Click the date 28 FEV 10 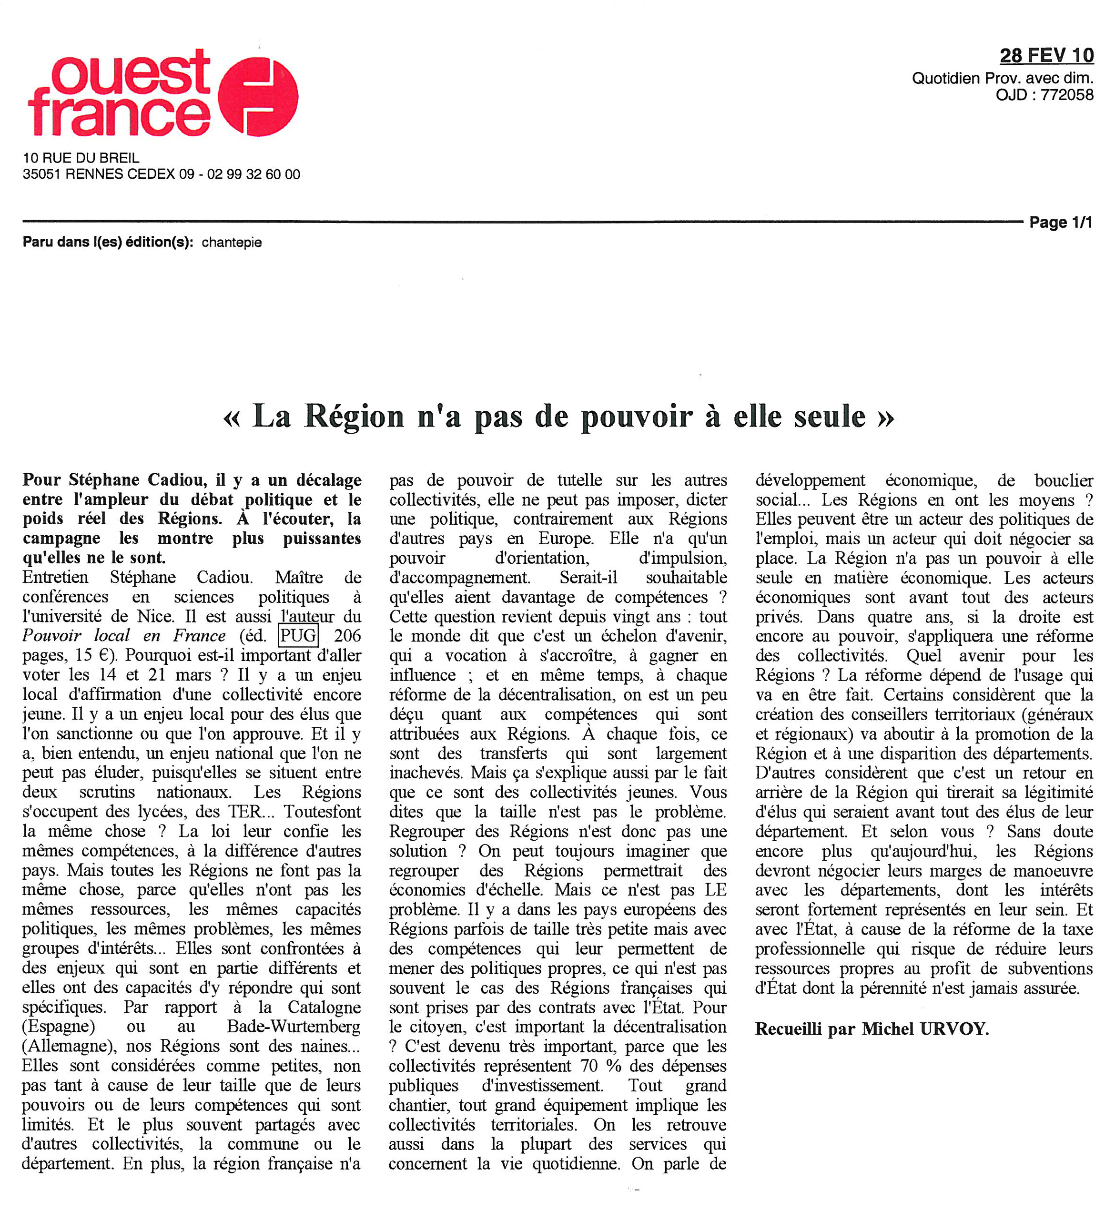coord(1046,56)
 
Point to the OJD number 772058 coord(1067,95)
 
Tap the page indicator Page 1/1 coord(1060,223)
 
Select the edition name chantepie coord(232,243)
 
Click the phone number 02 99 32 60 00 coord(253,175)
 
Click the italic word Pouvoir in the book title coord(52,636)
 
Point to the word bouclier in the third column coord(1064,480)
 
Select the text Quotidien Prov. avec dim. coord(1002,78)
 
